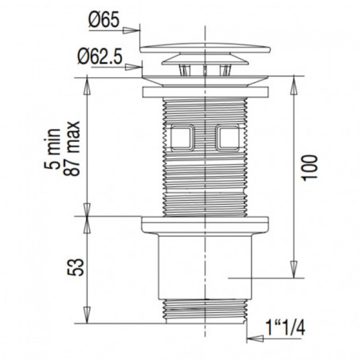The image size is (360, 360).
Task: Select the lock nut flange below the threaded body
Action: point(204,224)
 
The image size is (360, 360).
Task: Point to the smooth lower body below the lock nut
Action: point(204,266)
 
